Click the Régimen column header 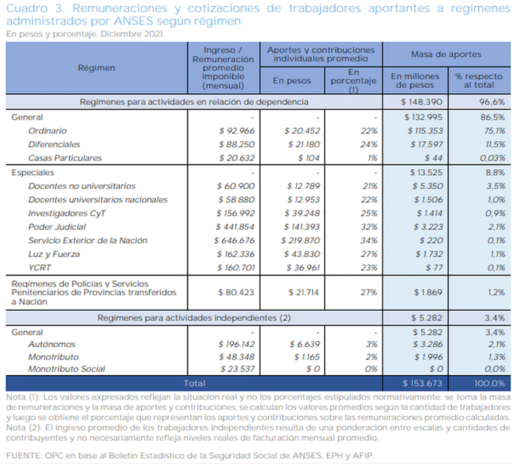coord(96,68)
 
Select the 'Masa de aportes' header coord(446,55)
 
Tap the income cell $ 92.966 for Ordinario coord(237,131)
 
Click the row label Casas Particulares coord(65,158)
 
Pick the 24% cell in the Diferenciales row coord(369,145)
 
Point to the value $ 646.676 coord(234,241)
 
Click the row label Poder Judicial coord(57,227)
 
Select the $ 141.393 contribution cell coord(302,227)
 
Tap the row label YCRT coord(40,267)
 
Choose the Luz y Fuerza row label coord(54,254)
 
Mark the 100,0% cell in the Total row coord(490,383)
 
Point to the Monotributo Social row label coord(66,369)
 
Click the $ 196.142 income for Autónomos coord(236,344)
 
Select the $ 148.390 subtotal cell coord(422,102)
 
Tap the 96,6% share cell coord(492,102)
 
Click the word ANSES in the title coord(134,21)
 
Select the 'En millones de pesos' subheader coord(415,80)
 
